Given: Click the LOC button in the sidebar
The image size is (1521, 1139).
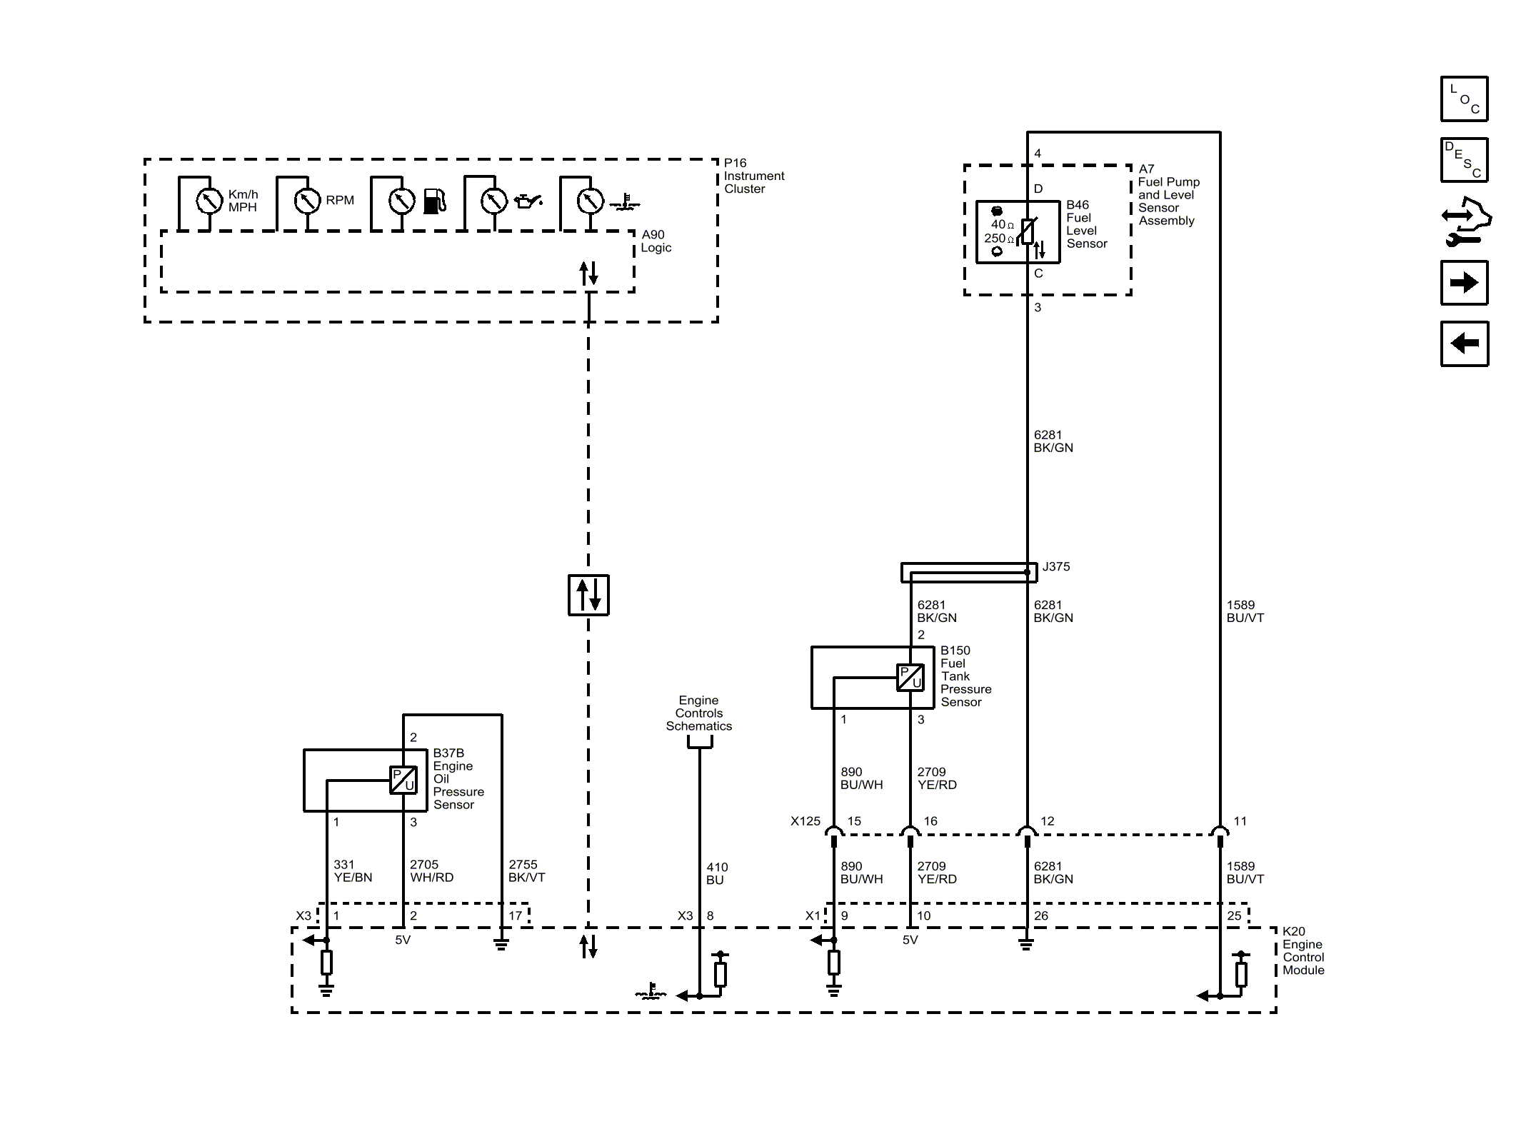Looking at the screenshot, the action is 1464,99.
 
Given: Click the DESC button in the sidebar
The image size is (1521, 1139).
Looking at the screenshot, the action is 1464,160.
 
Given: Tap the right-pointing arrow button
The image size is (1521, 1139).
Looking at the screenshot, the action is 1464,283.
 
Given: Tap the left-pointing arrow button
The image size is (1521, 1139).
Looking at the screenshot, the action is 1464,343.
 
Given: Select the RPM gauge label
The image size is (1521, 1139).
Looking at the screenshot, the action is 340,201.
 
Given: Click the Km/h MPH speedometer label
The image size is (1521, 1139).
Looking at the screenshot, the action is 244,201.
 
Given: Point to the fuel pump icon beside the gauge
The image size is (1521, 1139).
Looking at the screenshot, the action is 435,201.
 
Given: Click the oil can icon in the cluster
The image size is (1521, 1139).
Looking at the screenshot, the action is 528,201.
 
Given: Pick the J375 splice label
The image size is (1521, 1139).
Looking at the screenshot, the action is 1056,567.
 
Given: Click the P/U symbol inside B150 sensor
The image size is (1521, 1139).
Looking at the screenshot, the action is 910,678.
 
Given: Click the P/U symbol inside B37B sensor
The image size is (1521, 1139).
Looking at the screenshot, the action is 403,780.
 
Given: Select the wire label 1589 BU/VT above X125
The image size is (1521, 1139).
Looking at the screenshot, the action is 1245,611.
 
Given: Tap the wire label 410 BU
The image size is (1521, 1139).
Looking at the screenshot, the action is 717,873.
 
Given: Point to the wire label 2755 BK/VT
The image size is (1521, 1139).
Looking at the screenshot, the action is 527,871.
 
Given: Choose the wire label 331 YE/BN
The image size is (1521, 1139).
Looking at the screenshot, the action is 353,871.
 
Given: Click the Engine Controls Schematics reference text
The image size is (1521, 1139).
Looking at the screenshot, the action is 699,713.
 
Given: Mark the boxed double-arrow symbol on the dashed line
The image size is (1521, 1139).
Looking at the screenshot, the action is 588,595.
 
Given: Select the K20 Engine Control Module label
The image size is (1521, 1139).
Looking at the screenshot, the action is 1303,951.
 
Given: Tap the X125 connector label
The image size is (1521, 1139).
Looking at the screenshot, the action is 805,821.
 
